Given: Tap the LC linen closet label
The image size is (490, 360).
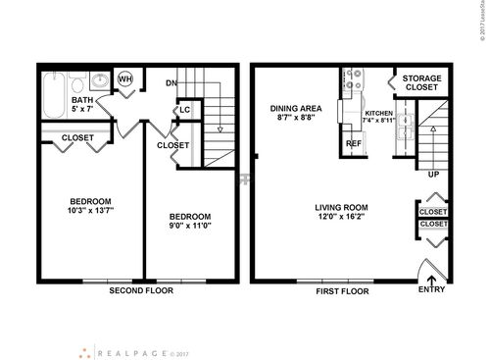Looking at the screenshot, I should (184, 109).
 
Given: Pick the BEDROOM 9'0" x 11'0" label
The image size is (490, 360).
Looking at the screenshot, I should (192, 222).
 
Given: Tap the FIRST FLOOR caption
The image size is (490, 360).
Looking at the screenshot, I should (342, 291).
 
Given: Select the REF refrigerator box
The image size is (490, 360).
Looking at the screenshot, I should (354, 143).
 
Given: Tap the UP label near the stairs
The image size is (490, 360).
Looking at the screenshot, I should (432, 175).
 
